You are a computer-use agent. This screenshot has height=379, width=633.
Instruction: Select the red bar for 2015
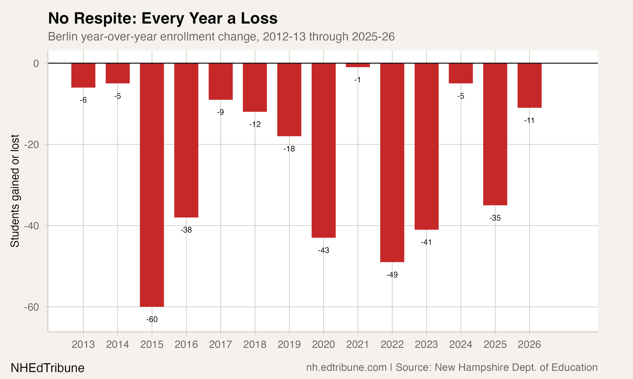tap(152, 185)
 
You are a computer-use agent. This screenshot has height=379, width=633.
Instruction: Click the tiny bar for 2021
tap(358, 65)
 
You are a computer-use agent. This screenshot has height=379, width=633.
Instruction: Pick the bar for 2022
tap(392, 162)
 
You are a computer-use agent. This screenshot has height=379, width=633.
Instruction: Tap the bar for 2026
tap(529, 85)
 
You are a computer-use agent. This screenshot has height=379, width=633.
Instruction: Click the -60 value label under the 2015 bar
tap(152, 319)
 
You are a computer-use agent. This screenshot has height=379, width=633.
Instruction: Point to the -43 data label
tap(323, 250)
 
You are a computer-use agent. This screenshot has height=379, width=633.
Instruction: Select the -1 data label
tap(358, 80)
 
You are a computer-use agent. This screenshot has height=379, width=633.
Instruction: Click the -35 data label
tap(495, 218)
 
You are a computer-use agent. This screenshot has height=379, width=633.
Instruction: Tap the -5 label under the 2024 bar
tap(461, 96)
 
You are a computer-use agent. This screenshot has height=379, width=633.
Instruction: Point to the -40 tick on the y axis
tap(31, 226)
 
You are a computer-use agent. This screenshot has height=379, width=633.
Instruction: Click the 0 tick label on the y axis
tap(36, 63)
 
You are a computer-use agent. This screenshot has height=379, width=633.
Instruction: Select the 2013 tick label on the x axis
tap(83, 344)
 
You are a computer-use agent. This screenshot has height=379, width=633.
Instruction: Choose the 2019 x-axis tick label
tap(289, 344)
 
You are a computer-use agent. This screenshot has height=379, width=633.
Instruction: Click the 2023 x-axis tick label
tap(426, 344)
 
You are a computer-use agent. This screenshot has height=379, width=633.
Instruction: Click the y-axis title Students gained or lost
tap(15, 191)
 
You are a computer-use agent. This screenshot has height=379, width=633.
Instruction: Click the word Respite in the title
tap(105, 18)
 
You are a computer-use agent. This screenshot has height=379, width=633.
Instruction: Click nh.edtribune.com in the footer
tap(346, 367)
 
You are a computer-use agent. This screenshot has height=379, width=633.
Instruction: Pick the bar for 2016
tap(186, 140)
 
